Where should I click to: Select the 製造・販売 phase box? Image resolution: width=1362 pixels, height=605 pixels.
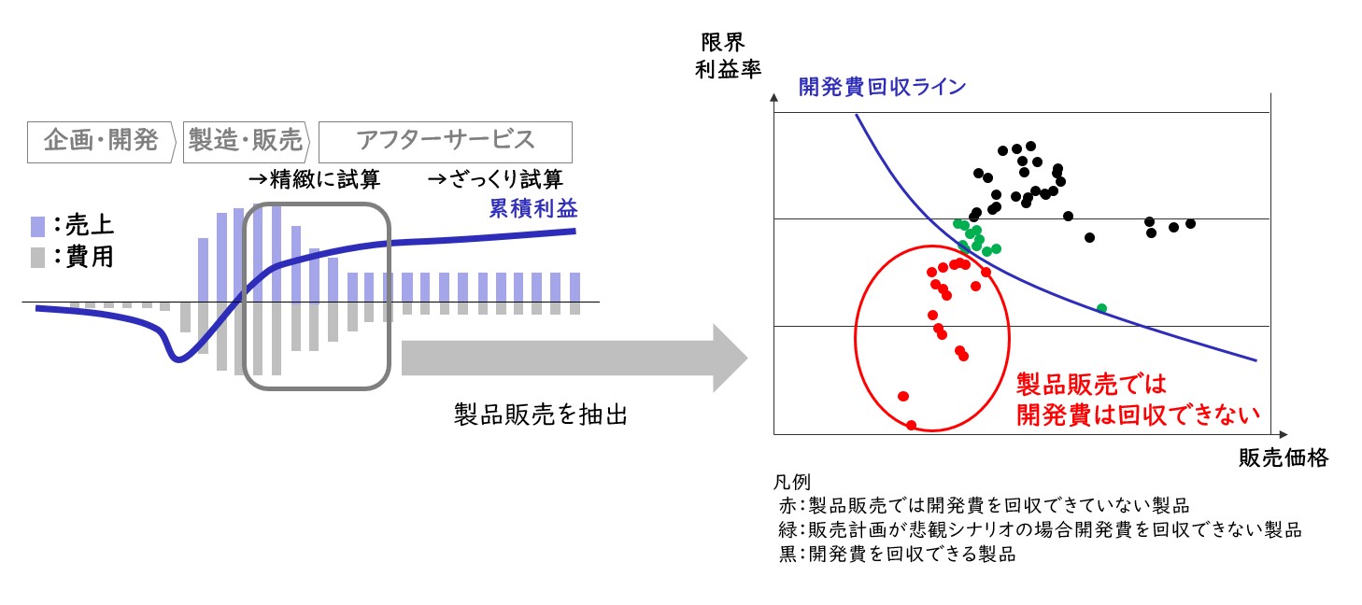point(247,142)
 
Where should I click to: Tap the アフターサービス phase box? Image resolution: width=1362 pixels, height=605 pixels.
point(445,142)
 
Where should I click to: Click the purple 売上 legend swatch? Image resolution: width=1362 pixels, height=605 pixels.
point(37,227)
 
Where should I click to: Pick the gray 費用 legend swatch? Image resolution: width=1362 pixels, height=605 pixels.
point(37,258)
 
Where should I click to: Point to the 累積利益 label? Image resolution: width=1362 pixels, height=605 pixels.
point(533,208)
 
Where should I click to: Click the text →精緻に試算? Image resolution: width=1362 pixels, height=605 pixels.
point(315,179)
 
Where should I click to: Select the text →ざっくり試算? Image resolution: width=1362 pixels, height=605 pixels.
point(495,179)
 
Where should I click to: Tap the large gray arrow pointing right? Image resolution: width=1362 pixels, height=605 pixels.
point(575,358)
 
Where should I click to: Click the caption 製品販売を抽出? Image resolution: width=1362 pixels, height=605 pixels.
point(541,415)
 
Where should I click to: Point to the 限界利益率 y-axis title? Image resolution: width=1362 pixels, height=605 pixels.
point(728,56)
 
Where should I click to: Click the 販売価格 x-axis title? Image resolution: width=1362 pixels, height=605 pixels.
point(1284,457)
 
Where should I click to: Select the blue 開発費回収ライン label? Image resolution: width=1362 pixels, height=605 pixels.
point(882,87)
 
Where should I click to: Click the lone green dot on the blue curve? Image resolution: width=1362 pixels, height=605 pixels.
point(1101,309)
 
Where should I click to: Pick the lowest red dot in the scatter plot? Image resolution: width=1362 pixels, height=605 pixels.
point(911,425)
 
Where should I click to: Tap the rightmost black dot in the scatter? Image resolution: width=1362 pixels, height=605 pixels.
point(1190,224)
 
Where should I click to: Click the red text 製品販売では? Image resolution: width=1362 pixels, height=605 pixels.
point(1091,385)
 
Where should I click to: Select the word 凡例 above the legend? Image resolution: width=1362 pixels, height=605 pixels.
point(791,482)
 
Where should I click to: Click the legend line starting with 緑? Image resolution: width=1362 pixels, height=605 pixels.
point(1040,529)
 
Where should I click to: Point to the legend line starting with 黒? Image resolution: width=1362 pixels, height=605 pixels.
point(898,554)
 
